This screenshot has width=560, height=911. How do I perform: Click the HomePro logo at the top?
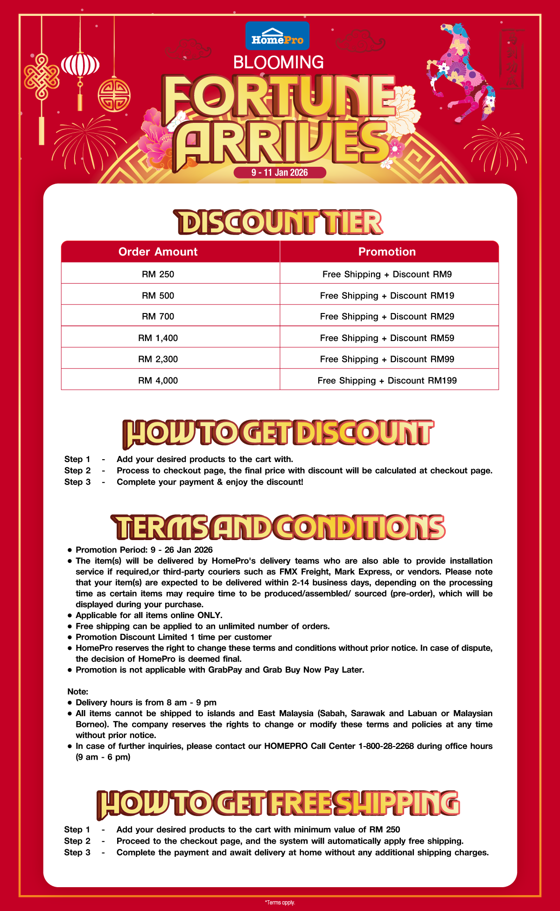point(277,36)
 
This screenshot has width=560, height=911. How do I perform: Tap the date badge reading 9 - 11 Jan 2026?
point(280,172)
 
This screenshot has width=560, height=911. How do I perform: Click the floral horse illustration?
point(460,70)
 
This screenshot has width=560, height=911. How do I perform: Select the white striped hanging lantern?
point(80,64)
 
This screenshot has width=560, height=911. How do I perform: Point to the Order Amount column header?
point(158,252)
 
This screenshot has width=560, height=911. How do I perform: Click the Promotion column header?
point(387,252)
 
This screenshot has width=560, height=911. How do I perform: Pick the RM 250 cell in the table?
point(158,274)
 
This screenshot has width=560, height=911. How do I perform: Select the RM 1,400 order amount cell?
point(158,338)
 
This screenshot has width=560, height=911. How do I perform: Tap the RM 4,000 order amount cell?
point(158,380)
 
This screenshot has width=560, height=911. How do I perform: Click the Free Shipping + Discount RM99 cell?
point(387,359)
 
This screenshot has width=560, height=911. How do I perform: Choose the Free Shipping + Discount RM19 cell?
point(387,296)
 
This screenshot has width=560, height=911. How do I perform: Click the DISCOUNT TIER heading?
point(279,222)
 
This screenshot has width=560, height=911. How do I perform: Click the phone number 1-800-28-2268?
point(386,746)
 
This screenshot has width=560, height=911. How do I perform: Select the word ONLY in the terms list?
point(209,615)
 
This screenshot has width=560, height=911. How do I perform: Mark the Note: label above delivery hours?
point(77,691)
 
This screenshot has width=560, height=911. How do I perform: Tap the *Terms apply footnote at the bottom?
point(280,903)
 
